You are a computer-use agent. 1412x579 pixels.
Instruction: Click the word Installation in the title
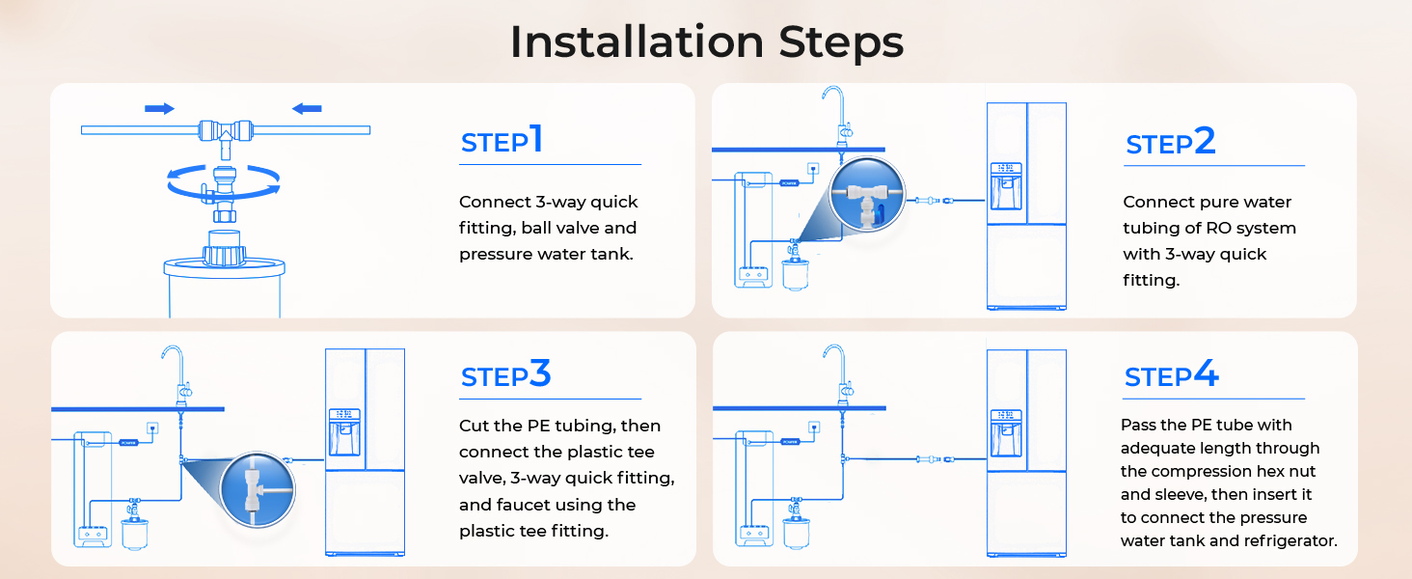click(x=637, y=41)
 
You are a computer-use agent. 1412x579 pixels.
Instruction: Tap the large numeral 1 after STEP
click(x=536, y=138)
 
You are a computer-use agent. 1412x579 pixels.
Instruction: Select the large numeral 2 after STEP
click(x=1205, y=140)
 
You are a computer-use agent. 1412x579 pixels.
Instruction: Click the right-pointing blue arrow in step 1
click(x=159, y=108)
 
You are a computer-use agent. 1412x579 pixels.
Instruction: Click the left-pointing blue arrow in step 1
click(x=307, y=108)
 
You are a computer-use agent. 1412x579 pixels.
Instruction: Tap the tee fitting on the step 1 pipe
click(x=226, y=136)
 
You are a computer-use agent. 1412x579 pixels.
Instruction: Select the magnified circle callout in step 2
click(x=867, y=194)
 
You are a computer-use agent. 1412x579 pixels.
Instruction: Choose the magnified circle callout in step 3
click(x=258, y=489)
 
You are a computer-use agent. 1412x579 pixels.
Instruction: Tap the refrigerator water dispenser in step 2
click(x=1006, y=186)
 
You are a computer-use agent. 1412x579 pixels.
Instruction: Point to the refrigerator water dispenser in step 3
click(x=344, y=432)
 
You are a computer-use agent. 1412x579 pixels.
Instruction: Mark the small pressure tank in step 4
click(x=796, y=534)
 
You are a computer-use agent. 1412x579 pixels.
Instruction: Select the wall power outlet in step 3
click(x=152, y=428)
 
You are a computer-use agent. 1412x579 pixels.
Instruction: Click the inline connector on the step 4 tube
click(x=935, y=459)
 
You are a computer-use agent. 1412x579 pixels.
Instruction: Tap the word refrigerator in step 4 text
click(x=1291, y=541)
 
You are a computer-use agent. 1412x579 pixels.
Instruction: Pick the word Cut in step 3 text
click(x=473, y=426)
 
